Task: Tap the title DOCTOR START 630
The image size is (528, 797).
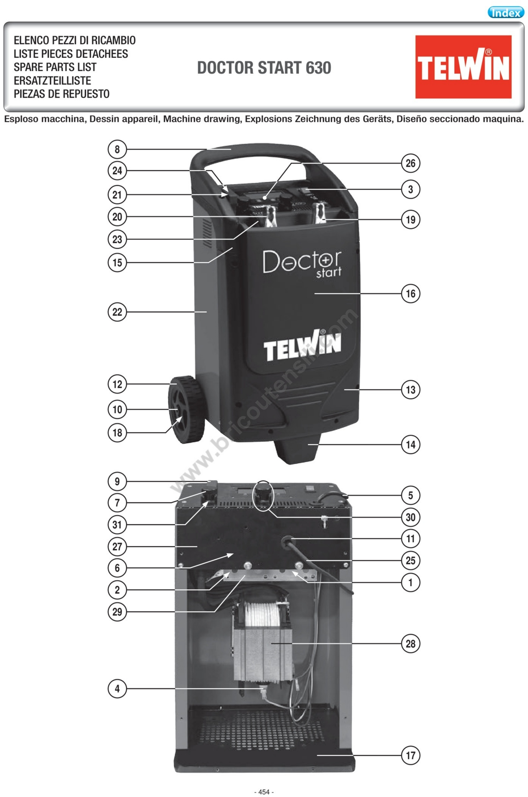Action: [x=264, y=68]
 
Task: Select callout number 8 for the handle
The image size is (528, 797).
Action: [x=117, y=149]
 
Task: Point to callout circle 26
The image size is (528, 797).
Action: [x=410, y=163]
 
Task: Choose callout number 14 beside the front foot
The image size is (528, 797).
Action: [x=410, y=444]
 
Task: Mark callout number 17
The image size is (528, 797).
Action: [x=410, y=755]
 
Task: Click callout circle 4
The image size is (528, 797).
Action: [x=117, y=689]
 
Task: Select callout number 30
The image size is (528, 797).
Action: [x=410, y=517]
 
